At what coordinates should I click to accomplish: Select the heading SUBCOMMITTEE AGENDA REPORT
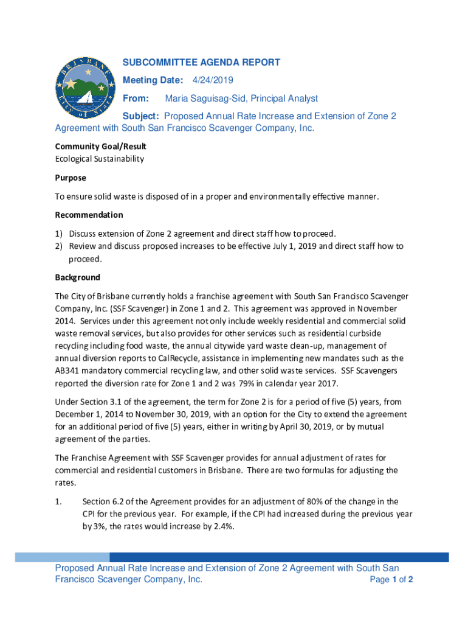201,62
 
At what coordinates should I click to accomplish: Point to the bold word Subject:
142,116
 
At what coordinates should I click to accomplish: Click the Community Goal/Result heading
100,147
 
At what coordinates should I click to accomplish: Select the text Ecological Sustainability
100,159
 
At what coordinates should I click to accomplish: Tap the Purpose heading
71,178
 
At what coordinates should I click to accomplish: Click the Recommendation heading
89,215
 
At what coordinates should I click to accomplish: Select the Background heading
77,277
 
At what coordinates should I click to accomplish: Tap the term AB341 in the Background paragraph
67,371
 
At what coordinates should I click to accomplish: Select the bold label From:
136,99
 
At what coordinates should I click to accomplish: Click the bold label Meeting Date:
153,80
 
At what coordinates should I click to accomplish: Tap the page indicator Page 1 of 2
391,580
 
